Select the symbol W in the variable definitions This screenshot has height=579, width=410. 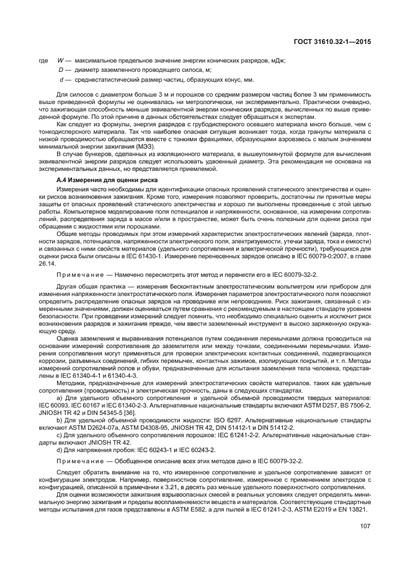click(60, 60)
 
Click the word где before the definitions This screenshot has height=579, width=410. click(43, 60)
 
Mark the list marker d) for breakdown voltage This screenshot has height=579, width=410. click(59, 449)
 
